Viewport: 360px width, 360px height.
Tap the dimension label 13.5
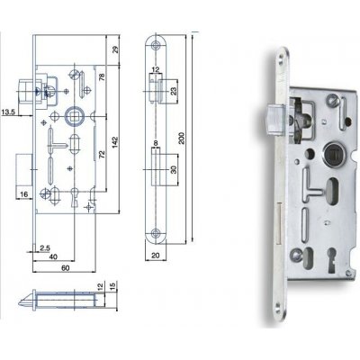click(x=8, y=113)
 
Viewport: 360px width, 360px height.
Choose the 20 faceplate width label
click(x=158, y=254)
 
